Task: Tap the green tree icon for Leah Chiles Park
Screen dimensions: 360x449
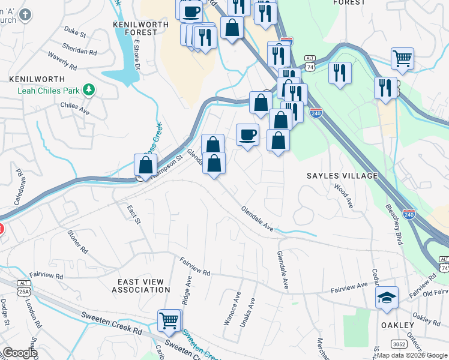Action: [89, 90]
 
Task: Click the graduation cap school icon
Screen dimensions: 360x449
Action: [387, 298]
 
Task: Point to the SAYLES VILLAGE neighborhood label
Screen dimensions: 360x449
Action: [342, 176]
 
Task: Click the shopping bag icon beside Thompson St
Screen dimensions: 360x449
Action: [145, 166]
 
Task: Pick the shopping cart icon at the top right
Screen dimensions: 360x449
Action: [402, 59]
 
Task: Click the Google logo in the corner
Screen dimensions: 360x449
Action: [19, 353]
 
